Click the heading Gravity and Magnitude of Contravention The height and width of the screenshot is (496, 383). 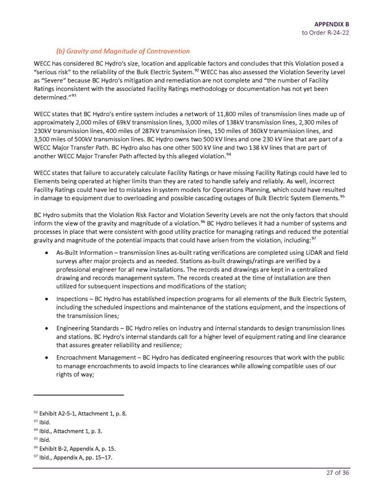[123, 51]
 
